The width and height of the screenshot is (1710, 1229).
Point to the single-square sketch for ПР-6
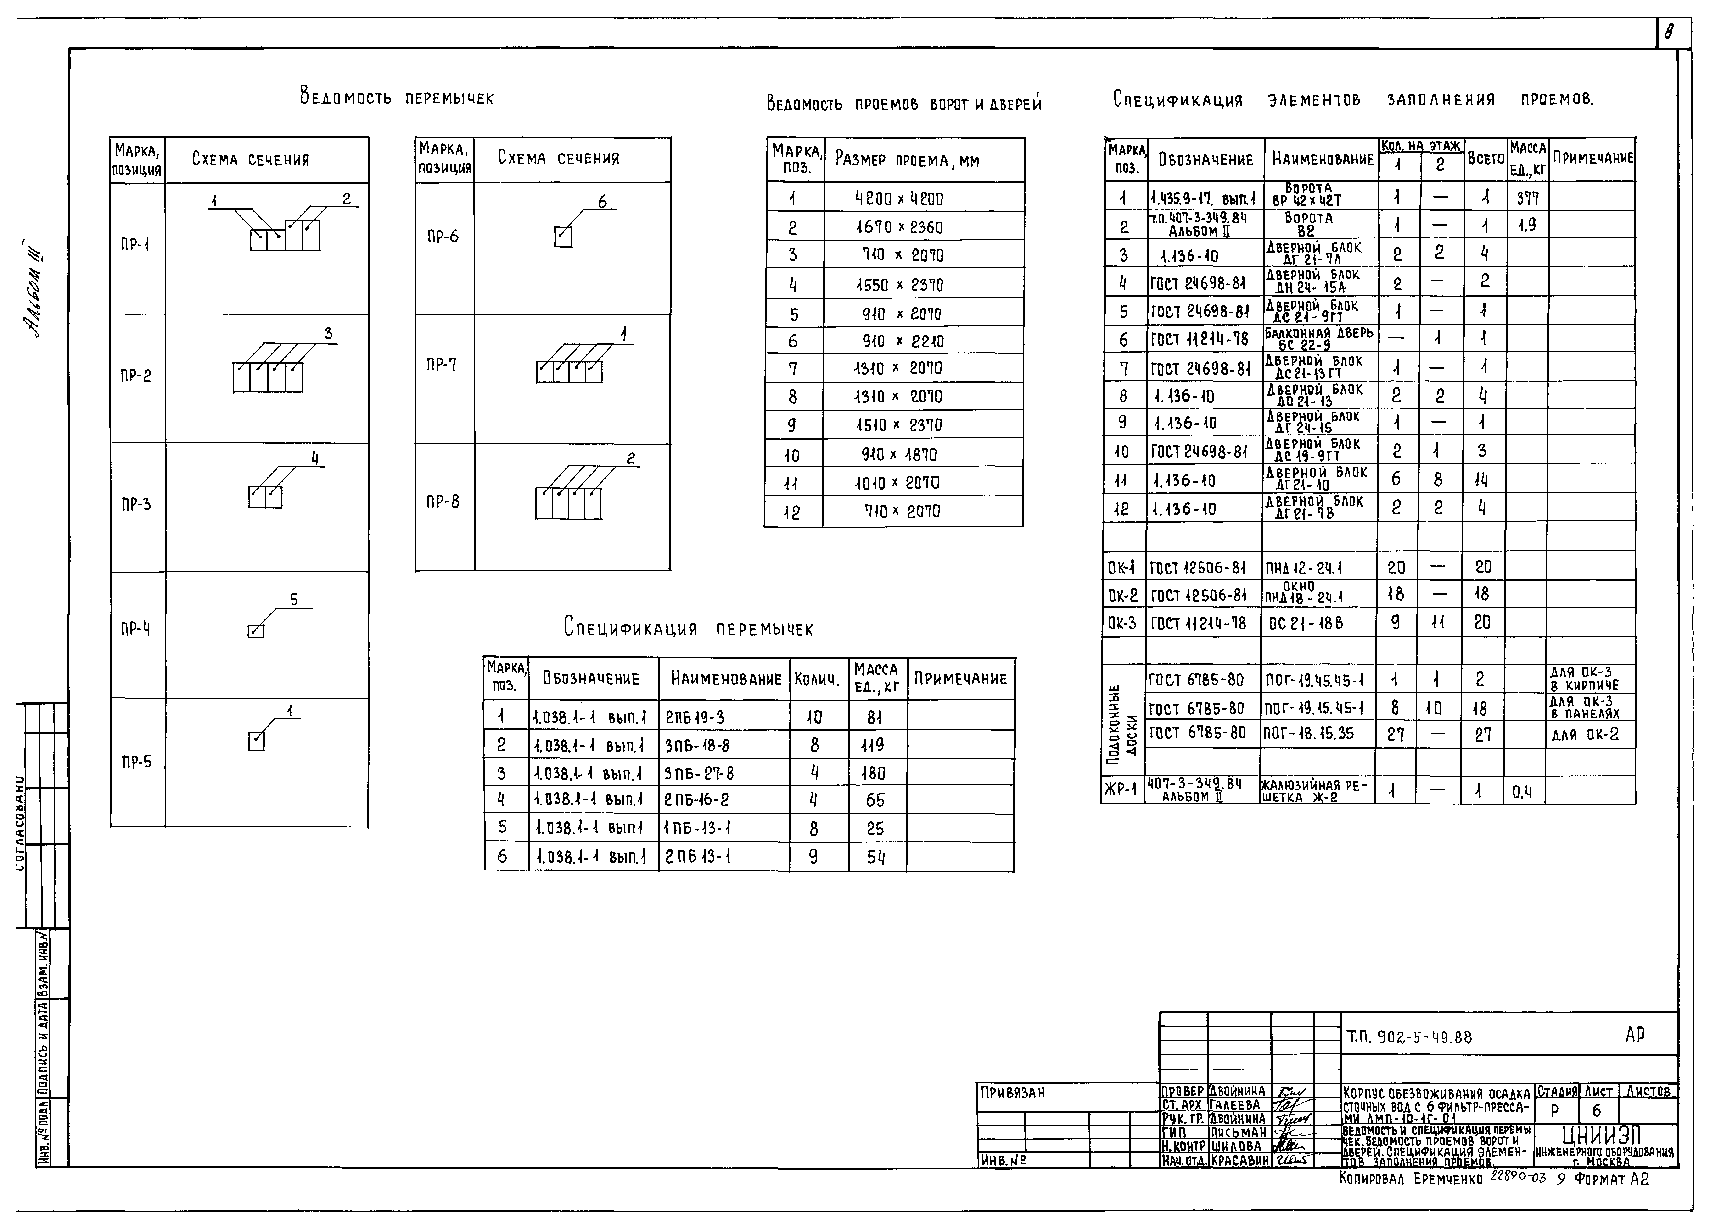pyautogui.click(x=562, y=237)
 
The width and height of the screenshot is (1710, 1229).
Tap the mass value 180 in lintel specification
pyautogui.click(x=875, y=773)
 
